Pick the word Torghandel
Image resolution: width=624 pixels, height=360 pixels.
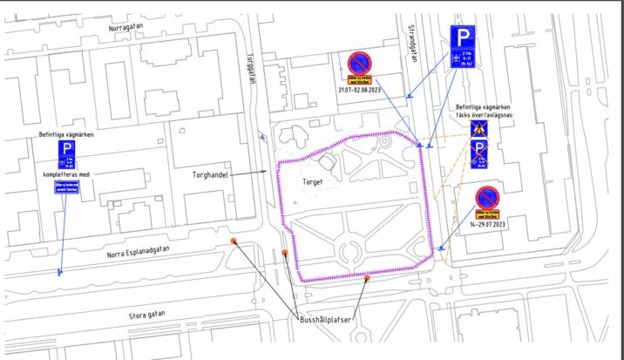pos(210,174)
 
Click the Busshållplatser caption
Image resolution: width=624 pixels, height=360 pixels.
pos(322,320)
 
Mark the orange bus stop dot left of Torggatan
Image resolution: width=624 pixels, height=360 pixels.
pos(234,241)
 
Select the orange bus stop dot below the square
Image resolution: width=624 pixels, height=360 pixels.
pos(367,279)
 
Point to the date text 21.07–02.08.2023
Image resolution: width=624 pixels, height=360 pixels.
pos(360,89)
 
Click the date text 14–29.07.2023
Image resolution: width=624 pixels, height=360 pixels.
pos(487,224)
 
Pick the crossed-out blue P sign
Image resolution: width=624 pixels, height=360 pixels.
pos(479,154)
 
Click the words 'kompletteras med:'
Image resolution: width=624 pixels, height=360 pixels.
pos(66,173)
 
